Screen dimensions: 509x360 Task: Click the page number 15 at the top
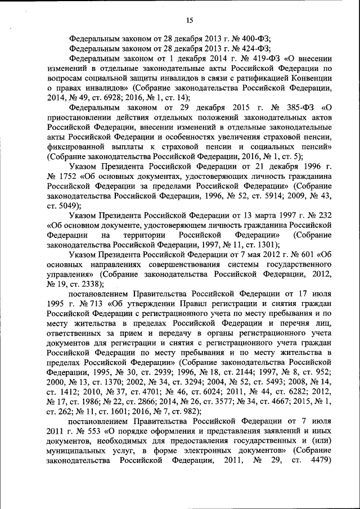(190, 21)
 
